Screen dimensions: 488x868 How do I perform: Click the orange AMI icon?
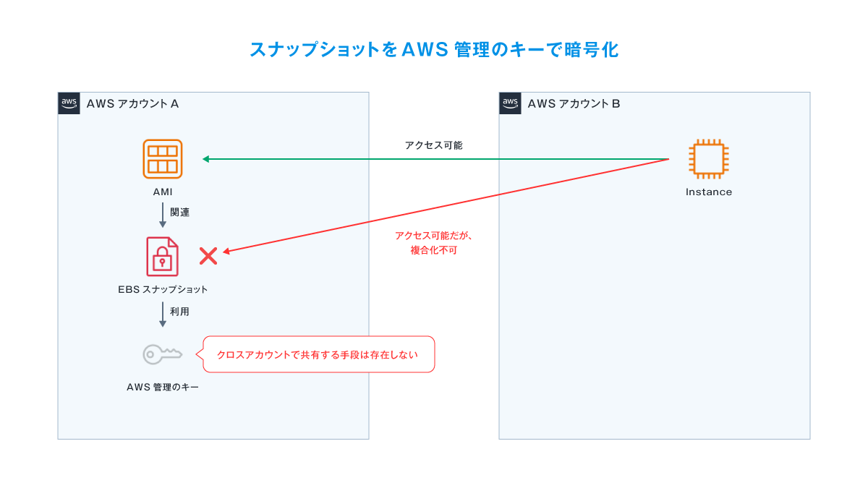[x=162, y=159]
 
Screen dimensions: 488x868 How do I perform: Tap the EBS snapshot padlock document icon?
[x=162, y=256]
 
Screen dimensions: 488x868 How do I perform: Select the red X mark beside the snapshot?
[x=208, y=255]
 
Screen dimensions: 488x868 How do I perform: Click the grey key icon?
[x=162, y=354]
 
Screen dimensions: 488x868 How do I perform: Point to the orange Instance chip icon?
[x=708, y=159]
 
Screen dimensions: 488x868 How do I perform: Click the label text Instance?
[x=708, y=192]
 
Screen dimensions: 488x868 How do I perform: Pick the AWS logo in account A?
[x=69, y=103]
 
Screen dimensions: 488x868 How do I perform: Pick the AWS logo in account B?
[x=511, y=103]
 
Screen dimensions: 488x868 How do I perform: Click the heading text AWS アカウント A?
[x=132, y=103]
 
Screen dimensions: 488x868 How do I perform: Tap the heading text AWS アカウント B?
[x=574, y=103]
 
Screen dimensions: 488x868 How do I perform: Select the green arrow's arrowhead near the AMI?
[x=207, y=159]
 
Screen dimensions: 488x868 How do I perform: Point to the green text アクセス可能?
[x=433, y=145]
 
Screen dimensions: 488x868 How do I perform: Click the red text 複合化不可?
[x=433, y=250]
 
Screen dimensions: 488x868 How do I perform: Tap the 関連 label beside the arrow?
[x=180, y=213]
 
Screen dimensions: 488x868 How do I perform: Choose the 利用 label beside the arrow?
[x=180, y=312]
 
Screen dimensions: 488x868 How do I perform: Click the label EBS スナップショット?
[x=162, y=290]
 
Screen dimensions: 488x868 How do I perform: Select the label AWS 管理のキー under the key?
[x=162, y=388]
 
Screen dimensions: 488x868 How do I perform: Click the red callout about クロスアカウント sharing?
[x=318, y=354]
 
